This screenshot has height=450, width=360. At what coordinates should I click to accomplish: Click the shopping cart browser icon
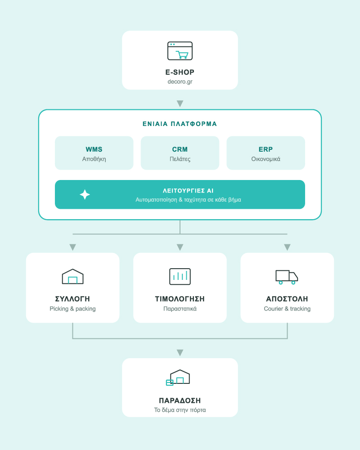180,51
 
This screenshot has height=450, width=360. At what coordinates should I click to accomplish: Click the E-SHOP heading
180,72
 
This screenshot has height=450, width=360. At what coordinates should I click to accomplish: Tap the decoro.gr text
180,81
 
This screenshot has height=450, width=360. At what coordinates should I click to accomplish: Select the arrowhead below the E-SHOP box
180,103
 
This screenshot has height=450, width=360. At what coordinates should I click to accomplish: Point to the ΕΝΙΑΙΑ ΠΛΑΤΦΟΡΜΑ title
180,124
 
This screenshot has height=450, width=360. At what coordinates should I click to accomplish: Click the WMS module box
94,153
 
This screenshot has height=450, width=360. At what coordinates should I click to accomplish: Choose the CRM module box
180,153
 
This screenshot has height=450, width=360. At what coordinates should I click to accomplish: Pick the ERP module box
266,153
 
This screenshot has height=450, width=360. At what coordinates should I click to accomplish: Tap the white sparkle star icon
85,194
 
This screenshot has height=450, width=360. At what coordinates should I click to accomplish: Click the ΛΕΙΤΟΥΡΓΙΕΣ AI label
188,191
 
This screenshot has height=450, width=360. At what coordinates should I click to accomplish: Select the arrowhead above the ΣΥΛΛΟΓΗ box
72,247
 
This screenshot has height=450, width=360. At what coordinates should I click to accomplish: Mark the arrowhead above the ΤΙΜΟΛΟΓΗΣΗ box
180,247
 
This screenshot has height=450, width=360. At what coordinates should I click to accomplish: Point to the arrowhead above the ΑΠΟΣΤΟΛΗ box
288,247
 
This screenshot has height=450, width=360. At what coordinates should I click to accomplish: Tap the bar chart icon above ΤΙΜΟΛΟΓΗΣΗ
180,276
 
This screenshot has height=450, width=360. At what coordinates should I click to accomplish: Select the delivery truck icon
287,277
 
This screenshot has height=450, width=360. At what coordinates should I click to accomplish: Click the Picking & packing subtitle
72,309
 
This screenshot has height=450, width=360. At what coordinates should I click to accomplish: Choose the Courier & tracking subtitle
288,309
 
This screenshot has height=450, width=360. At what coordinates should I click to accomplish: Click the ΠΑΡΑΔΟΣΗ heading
180,400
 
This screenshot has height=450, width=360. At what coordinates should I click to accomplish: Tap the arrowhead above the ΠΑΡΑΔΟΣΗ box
180,353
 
